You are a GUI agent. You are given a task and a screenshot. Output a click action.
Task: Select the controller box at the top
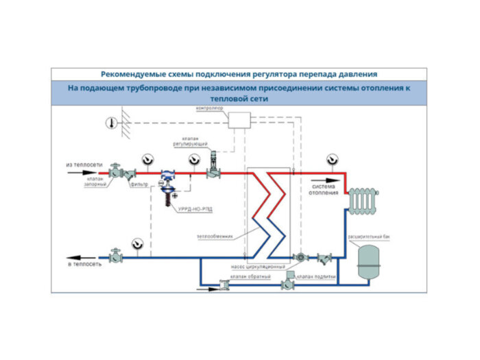[241, 121]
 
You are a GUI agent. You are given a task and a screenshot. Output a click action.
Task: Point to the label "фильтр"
[141, 184]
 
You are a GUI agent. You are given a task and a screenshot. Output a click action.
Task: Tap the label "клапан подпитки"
[317, 276]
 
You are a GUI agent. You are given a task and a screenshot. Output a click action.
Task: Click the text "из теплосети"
[84, 165]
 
